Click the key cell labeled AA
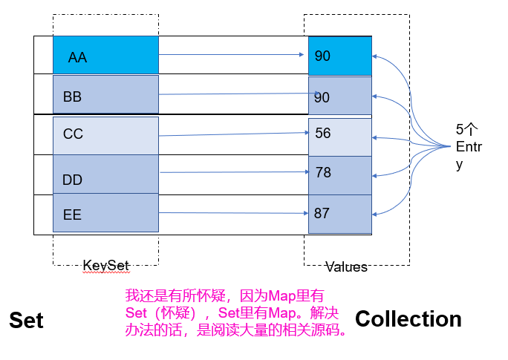coord(105,56)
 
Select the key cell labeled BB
coord(105,95)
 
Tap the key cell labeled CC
coord(105,135)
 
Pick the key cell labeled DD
coord(105,175)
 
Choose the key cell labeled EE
coord(105,215)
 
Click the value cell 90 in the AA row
coord(339,56)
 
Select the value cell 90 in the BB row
coord(339,96)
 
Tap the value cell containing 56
coord(339,136)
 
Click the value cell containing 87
coord(339,214)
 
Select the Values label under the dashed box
coord(346,266)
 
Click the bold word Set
coord(26,320)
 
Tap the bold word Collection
coord(408,318)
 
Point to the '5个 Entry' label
coord(468,146)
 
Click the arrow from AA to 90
coord(233,54)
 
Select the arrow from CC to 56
coord(233,134)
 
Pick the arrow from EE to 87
coord(233,213)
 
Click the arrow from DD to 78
coord(233,172)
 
